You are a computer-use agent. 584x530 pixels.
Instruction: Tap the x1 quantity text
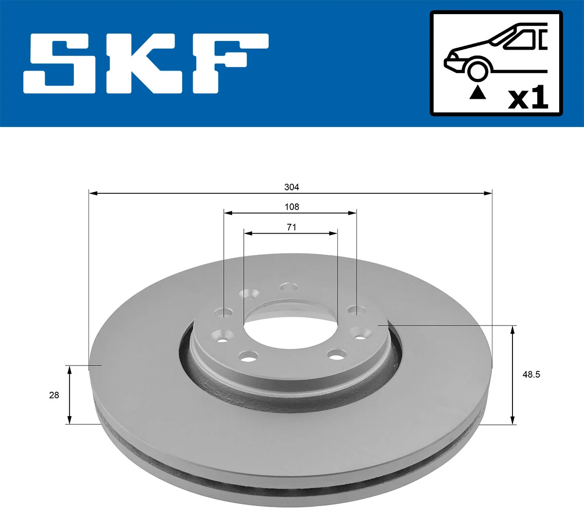528,98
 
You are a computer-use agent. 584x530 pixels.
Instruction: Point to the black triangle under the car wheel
477,92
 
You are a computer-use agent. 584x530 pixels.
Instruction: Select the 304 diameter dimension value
292,187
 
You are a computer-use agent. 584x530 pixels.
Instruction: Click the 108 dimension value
292,207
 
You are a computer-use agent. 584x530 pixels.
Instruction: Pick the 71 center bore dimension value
291,227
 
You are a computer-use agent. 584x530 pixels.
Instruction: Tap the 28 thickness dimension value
54,395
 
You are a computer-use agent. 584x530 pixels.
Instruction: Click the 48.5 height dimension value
531,374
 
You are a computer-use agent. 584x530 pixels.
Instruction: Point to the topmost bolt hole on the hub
289,287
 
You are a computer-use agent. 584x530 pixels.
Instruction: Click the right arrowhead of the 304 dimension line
488,194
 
